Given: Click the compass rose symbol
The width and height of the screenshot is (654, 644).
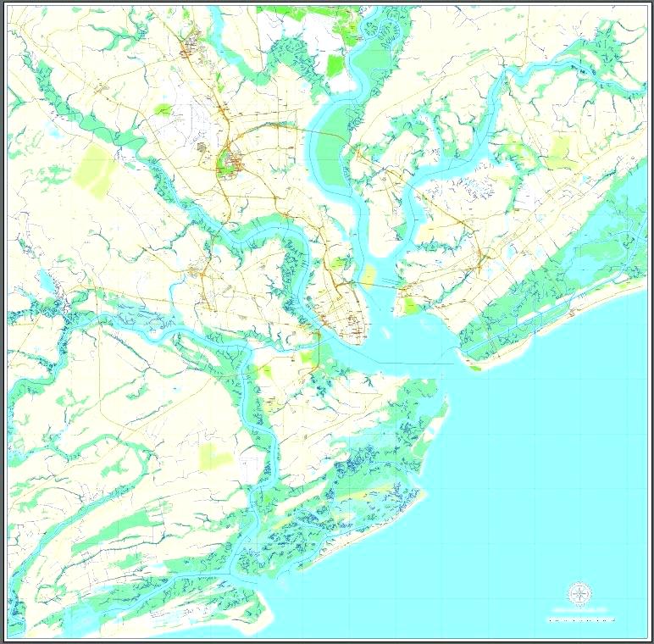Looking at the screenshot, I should coord(579,594).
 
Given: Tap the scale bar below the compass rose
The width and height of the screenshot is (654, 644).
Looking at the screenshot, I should coord(581,619).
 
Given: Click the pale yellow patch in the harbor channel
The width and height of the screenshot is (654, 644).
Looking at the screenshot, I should coord(369,274).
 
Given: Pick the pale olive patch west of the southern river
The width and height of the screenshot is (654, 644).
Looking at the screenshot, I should coord(215,457).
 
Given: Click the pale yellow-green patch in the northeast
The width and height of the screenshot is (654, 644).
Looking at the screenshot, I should coord(560,153).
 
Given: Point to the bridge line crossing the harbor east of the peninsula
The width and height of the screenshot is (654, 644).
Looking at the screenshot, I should coord(382,285).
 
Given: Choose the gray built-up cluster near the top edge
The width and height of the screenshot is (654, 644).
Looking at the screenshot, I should coord(191,42).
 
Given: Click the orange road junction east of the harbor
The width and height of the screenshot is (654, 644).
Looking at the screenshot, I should coord(479,258).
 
